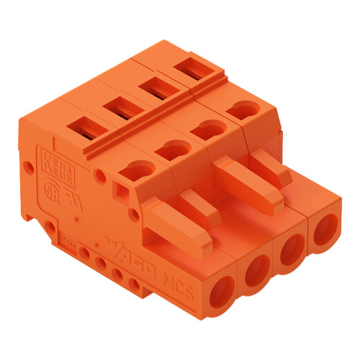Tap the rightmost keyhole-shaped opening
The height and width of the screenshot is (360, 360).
point(243,111)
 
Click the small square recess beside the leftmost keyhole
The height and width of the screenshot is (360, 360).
point(120,188)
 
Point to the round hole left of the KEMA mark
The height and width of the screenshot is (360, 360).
point(28,167)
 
